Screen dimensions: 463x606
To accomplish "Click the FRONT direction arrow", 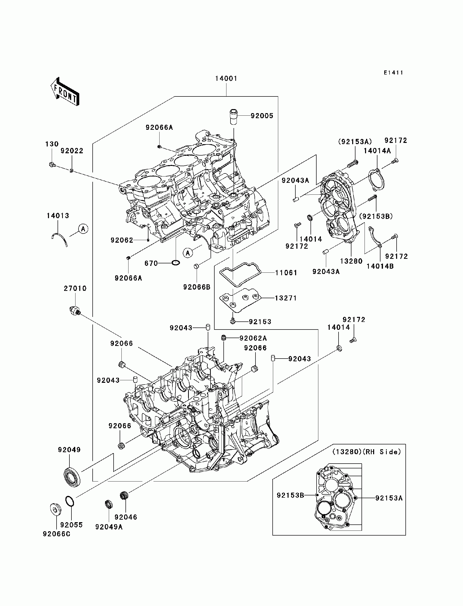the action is [65, 92].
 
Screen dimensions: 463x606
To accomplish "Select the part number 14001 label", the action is [226, 79].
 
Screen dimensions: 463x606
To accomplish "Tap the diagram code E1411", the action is [394, 73].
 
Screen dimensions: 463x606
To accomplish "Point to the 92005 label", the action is [262, 116].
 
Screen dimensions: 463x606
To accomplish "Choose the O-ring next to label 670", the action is [175, 263].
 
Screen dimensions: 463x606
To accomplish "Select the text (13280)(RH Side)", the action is [367, 452].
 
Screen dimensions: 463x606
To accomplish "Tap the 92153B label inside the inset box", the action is [291, 495].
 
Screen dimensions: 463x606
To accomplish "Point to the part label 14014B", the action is [380, 266].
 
